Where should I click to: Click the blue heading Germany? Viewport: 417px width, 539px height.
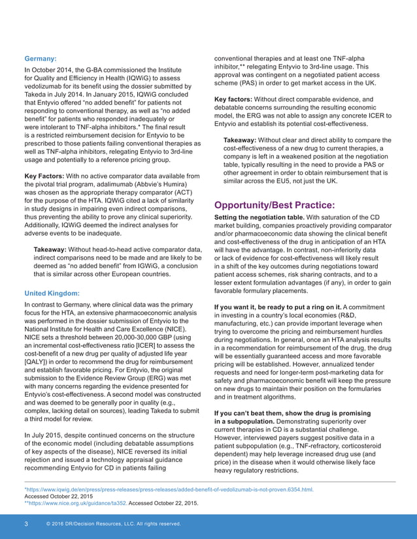click(x=41, y=57)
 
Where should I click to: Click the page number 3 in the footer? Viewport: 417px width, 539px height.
click(x=25, y=524)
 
